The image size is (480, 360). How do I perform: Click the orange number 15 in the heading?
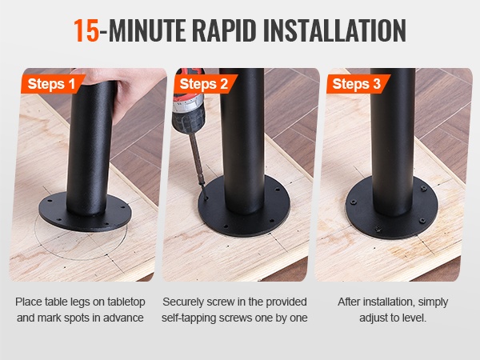(86, 30)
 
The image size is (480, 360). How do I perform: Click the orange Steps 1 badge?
(52, 83)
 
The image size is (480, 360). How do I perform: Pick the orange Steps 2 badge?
(205, 83)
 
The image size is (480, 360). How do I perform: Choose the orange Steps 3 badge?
(357, 83)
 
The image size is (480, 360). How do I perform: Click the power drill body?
(188, 101)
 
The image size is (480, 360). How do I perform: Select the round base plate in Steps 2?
(244, 214)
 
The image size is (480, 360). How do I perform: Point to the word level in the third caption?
(414, 318)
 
